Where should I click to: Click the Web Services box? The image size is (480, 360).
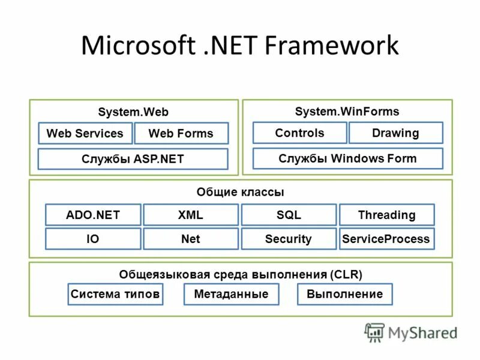tap(85, 133)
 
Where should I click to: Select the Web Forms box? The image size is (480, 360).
tap(182, 133)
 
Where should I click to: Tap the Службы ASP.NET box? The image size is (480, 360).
tap(133, 159)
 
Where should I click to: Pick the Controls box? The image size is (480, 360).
tap(299, 133)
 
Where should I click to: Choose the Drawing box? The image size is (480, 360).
tap(396, 133)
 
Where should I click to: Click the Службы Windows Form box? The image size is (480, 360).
tap(348, 158)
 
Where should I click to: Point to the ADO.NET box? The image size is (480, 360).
tap(93, 215)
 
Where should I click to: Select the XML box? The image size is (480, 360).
tap(191, 215)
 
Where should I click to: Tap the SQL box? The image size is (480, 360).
tap(289, 215)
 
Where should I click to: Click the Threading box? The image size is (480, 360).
tap(387, 215)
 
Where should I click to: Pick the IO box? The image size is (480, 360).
tap(93, 238)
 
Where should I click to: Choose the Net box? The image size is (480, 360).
tap(191, 238)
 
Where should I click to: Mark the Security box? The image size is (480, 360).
tap(289, 238)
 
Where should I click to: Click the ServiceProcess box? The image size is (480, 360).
tap(387, 238)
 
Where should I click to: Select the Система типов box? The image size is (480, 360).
tap(115, 294)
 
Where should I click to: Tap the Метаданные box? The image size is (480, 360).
tap(232, 294)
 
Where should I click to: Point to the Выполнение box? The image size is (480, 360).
tap(345, 294)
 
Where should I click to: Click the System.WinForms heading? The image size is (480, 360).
tap(347, 112)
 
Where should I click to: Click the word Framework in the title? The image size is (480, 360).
tap(332, 45)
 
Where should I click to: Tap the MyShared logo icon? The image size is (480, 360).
tap(374, 332)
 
